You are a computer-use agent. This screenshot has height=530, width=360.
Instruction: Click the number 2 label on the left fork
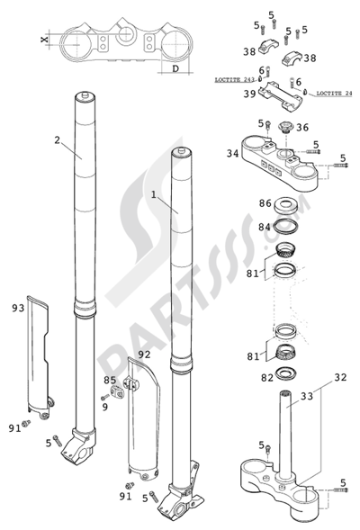(56, 140)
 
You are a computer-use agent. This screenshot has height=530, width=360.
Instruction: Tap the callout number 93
(18, 310)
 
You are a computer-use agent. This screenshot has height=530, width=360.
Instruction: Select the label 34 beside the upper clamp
(232, 154)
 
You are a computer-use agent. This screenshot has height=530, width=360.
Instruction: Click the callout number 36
(302, 128)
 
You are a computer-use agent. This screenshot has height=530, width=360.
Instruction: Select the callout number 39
(249, 94)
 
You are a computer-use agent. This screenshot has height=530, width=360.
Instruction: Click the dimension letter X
(44, 40)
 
